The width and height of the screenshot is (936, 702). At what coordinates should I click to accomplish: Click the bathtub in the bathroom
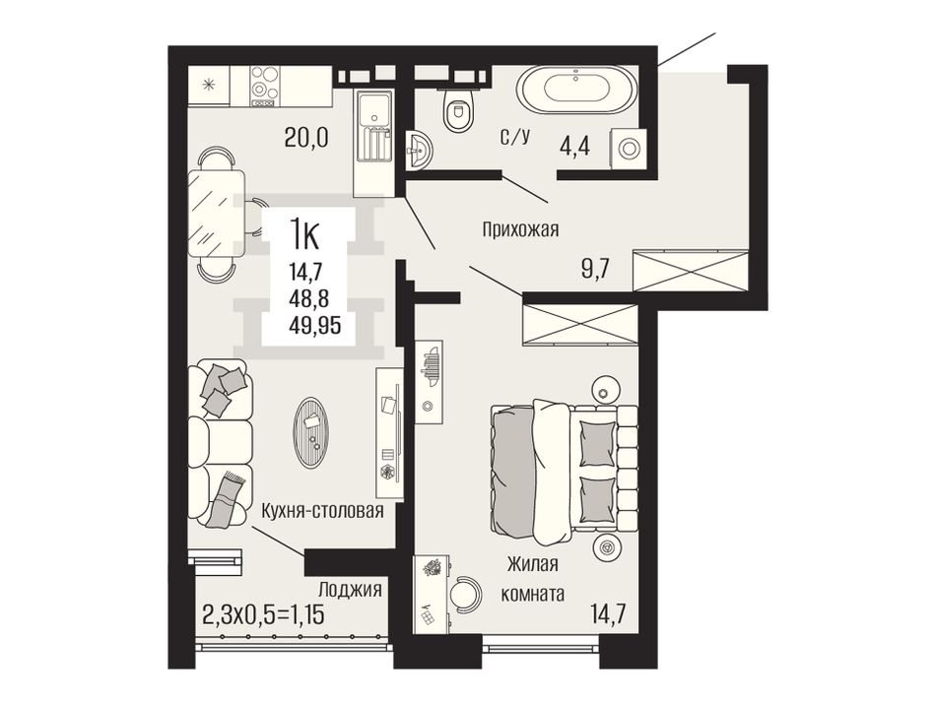[x=576, y=91]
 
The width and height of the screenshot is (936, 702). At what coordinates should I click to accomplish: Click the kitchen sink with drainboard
[x=373, y=127]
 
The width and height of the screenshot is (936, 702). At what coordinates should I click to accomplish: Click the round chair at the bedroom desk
[x=466, y=593]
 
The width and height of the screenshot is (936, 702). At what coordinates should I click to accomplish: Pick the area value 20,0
[x=306, y=139]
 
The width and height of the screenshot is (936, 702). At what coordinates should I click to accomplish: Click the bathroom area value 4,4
[x=574, y=146]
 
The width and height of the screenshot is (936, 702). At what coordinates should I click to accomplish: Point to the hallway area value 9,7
[x=595, y=270]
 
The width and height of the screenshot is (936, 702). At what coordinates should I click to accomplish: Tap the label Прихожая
[x=520, y=229]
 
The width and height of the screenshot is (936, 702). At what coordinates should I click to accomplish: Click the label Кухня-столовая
[x=322, y=511]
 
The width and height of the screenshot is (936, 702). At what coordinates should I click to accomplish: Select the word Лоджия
[x=350, y=590]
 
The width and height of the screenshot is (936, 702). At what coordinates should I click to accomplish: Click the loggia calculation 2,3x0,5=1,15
[x=264, y=613]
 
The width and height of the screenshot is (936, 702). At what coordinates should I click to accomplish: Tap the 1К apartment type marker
[x=304, y=234]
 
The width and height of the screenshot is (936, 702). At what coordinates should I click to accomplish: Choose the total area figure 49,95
[x=314, y=326]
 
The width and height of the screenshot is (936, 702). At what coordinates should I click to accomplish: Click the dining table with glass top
[x=216, y=213]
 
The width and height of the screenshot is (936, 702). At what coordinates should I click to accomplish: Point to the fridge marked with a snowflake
[x=209, y=86]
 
